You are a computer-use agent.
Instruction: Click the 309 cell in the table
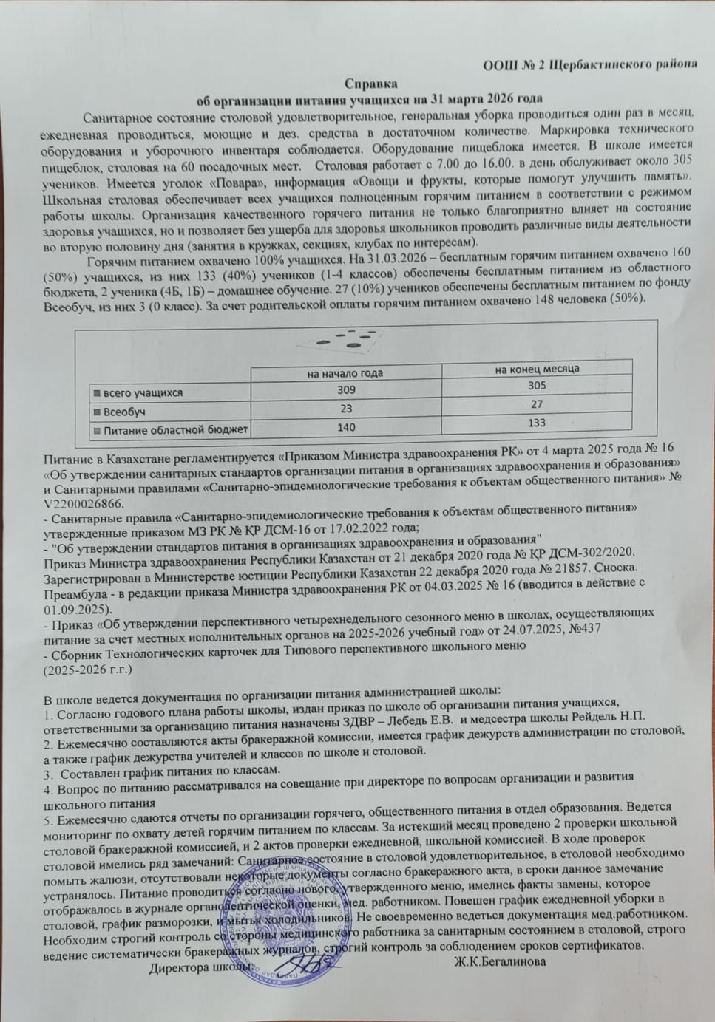pyautogui.click(x=345, y=390)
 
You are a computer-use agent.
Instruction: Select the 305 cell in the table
pyautogui.click(x=537, y=386)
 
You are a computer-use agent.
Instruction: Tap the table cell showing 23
pyautogui.click(x=345, y=409)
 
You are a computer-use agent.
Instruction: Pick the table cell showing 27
pyautogui.click(x=537, y=404)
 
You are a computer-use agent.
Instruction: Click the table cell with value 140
pyautogui.click(x=345, y=427)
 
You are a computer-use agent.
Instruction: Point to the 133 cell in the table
pyautogui.click(x=537, y=423)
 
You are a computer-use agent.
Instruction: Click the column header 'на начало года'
pyautogui.click(x=345, y=373)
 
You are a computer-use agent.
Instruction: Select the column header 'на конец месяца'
pyautogui.click(x=537, y=369)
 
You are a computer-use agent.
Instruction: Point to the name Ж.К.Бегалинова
pyautogui.click(x=501, y=962)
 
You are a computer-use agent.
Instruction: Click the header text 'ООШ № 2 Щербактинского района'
pyautogui.click(x=589, y=65)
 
